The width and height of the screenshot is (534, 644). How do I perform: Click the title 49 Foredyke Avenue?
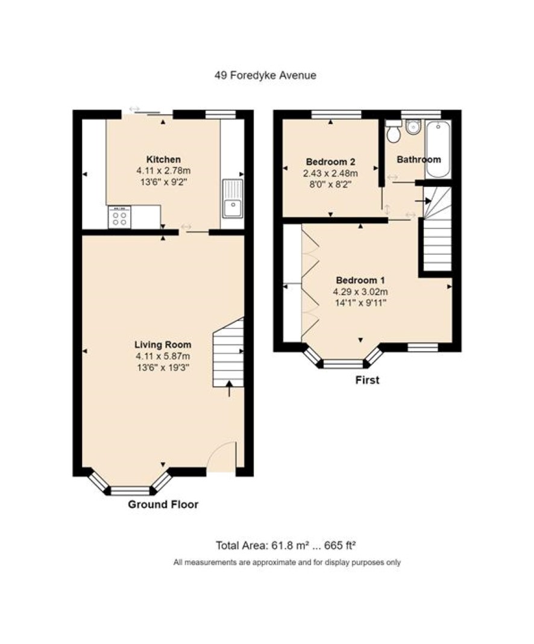point(265,75)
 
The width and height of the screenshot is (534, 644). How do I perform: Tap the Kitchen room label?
point(163,160)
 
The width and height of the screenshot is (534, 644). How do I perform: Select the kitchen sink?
point(233,198)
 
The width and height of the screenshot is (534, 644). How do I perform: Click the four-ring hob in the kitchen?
point(119,217)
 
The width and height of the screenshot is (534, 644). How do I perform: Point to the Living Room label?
point(163,345)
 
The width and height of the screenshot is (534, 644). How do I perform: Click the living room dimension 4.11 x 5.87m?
point(163,356)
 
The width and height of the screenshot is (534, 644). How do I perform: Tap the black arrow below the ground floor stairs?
point(229,389)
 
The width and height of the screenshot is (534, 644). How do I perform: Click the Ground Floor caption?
point(163,504)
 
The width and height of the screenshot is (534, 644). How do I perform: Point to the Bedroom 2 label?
point(331,161)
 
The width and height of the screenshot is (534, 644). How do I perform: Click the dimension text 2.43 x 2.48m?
point(331,174)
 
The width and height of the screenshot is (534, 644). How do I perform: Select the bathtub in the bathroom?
point(438,149)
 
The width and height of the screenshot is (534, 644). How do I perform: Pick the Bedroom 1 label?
point(360,280)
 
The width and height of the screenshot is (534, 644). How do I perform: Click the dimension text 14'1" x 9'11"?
point(360,304)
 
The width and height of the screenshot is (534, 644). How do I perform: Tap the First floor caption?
point(367,380)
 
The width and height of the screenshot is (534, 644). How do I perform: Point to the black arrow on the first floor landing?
point(423,201)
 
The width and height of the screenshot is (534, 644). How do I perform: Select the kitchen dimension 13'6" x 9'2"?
point(163,182)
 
